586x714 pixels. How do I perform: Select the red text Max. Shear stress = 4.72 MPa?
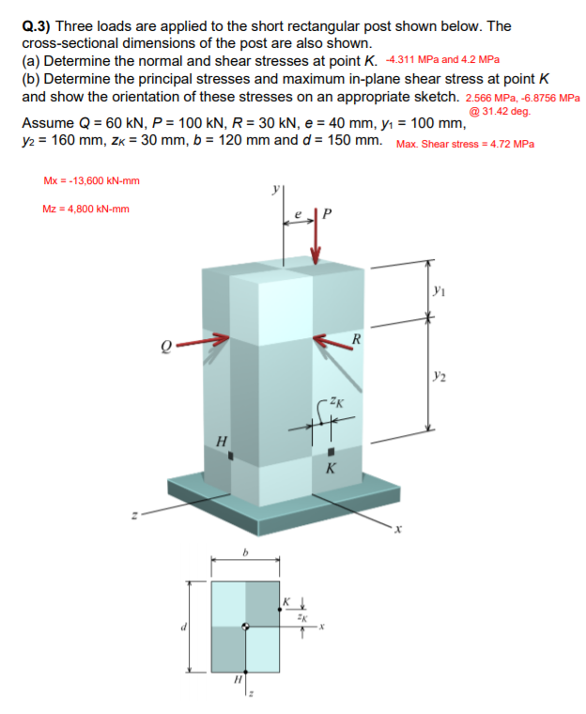pos(466,144)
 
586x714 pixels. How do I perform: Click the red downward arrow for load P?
pos(316,243)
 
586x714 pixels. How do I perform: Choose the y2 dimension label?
pos(441,378)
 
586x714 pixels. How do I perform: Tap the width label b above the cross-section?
pos(245,554)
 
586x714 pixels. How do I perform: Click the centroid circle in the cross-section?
pos(246,626)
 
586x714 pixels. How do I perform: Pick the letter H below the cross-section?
pos(238,678)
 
